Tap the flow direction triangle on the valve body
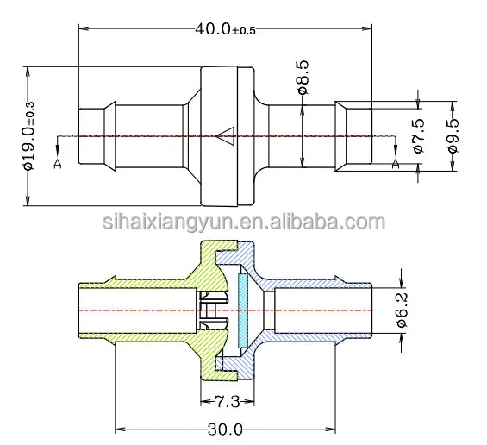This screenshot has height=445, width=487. [x=227, y=135]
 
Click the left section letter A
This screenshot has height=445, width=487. [x=58, y=165]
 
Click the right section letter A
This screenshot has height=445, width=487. [x=396, y=163]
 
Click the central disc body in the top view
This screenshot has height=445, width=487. [x=228, y=135]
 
